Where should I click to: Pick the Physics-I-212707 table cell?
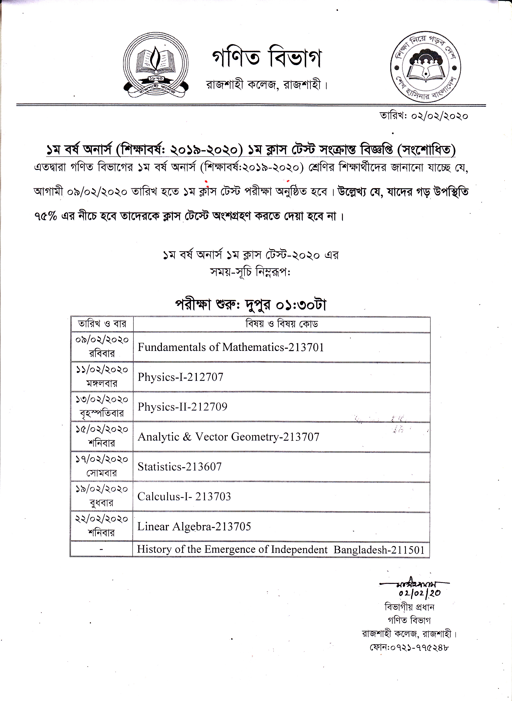tap(180, 377)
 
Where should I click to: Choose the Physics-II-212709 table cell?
tap(182, 407)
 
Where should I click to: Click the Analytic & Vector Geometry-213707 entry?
tap(229, 437)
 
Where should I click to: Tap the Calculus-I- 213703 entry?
tap(184, 496)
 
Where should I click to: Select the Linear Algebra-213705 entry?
tap(194, 527)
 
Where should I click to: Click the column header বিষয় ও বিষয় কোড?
tap(282, 324)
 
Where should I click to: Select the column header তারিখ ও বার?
tap(102, 324)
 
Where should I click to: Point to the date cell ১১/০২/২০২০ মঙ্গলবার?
tap(102, 377)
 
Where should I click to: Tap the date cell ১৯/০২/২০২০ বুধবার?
tap(102, 496)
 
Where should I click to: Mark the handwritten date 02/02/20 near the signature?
tap(420, 593)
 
